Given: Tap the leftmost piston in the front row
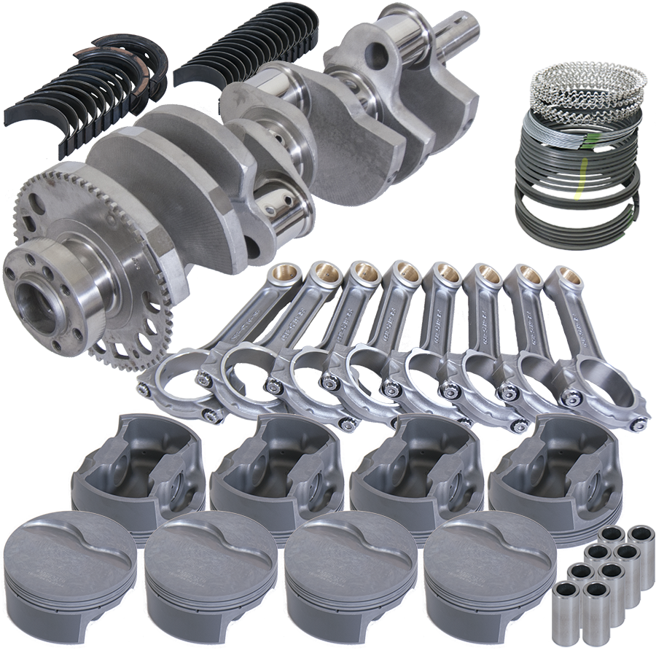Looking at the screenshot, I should pos(69,576).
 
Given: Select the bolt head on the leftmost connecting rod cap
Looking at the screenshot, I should pos(216,416).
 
